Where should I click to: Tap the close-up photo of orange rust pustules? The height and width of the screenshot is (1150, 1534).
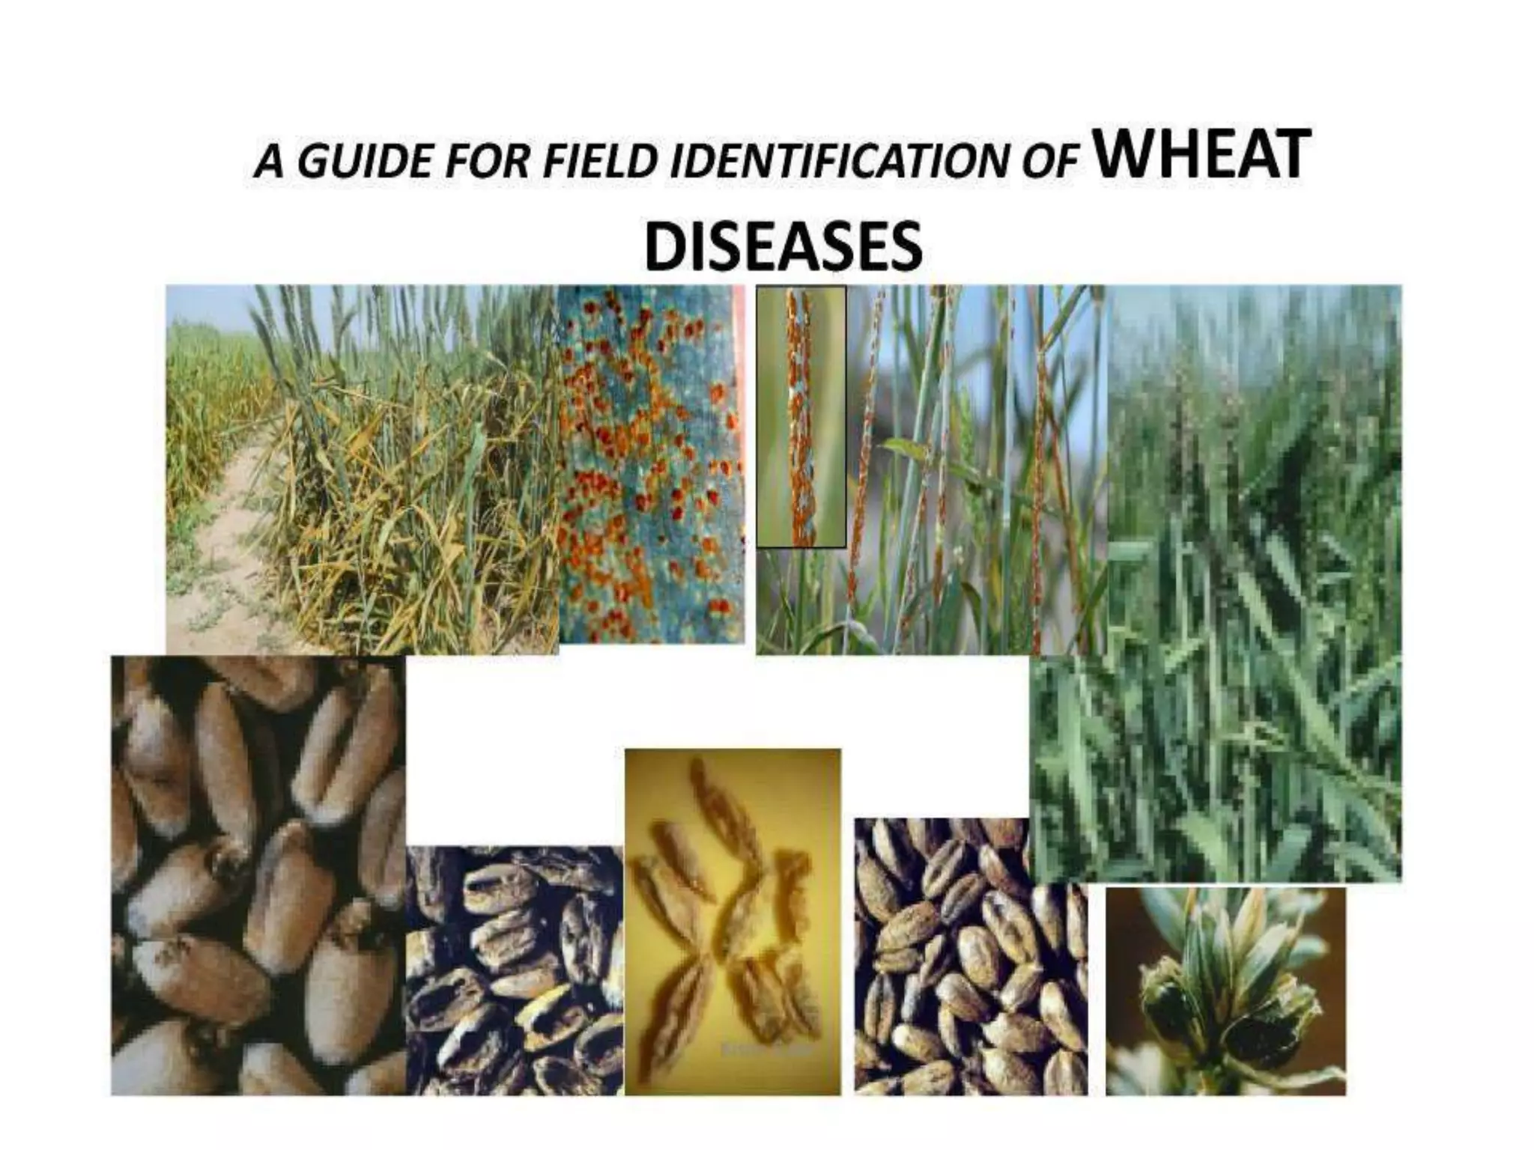tap(651, 464)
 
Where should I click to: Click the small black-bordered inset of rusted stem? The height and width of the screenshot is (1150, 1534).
tap(801, 416)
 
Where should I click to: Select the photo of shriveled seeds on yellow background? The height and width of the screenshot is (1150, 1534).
tap(732, 921)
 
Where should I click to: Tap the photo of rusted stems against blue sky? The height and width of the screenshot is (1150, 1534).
tap(974, 472)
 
